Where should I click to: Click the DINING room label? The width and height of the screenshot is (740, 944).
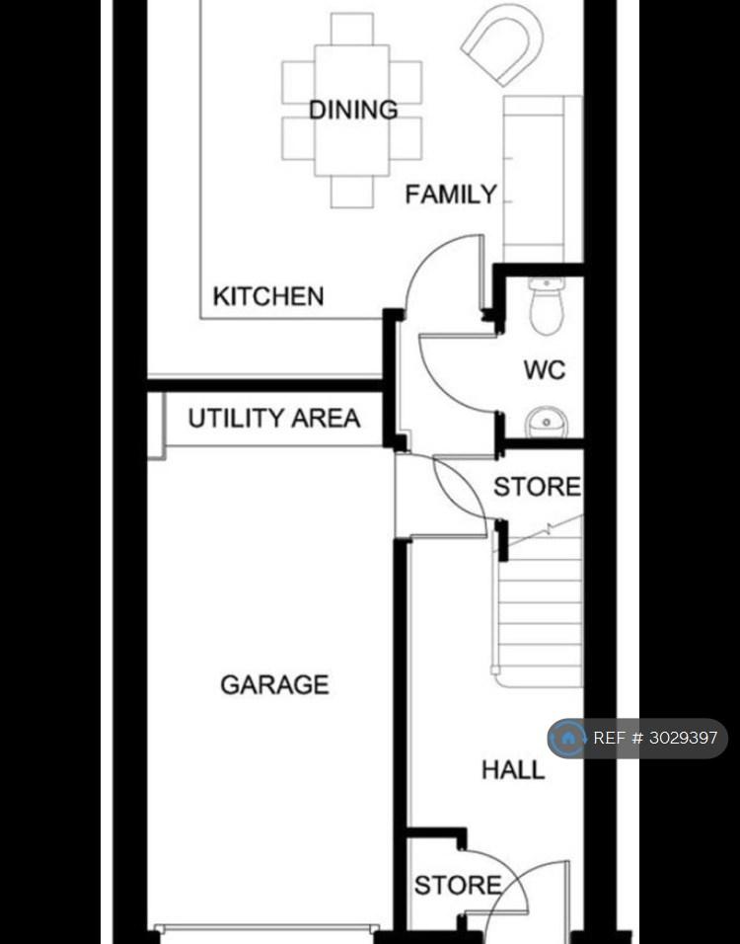click(353, 111)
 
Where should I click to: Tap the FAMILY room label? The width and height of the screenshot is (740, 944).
click(451, 195)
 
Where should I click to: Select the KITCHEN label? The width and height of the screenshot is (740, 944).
click(268, 296)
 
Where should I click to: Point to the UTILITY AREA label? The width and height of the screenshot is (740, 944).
click(274, 418)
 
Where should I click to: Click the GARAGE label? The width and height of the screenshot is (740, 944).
click(275, 684)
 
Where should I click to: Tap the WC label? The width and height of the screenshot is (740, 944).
click(545, 369)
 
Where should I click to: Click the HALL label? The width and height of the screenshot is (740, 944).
click(513, 770)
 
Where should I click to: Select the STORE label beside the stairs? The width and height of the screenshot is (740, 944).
click(538, 487)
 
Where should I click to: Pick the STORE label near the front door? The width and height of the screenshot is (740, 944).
click(458, 885)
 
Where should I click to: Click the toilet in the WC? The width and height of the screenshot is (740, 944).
click(547, 306)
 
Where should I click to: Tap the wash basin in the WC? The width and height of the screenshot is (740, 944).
click(547, 422)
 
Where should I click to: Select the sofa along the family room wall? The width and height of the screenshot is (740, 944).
click(543, 179)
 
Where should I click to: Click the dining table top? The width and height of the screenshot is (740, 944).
click(352, 111)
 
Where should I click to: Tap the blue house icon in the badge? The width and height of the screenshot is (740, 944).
click(567, 738)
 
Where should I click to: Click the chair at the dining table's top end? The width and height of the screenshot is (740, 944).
click(352, 29)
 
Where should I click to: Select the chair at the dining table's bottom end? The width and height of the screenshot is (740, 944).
click(352, 192)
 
